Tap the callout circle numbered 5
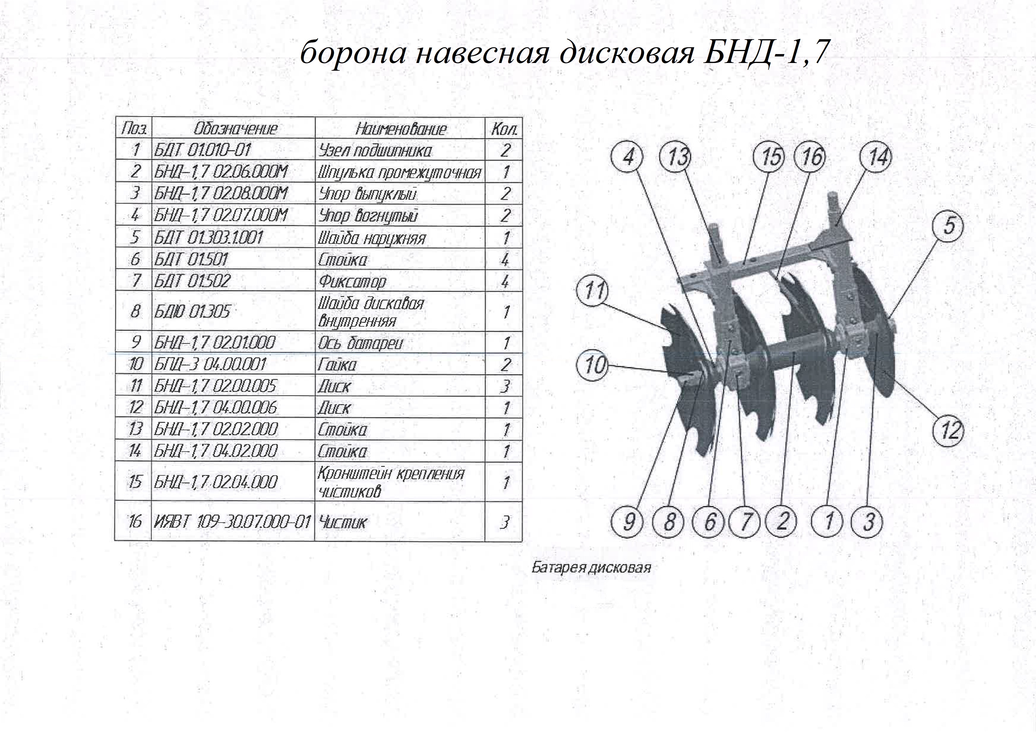(x=949, y=226)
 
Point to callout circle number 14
(x=877, y=157)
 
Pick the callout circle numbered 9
(x=628, y=522)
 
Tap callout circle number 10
(x=593, y=365)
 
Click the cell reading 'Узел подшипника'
(x=375, y=150)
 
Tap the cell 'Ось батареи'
(x=360, y=343)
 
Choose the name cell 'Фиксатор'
(x=352, y=282)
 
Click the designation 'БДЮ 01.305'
(x=192, y=311)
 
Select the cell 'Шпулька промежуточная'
(x=399, y=172)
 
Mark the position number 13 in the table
(x=135, y=429)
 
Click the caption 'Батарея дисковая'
(x=591, y=567)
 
